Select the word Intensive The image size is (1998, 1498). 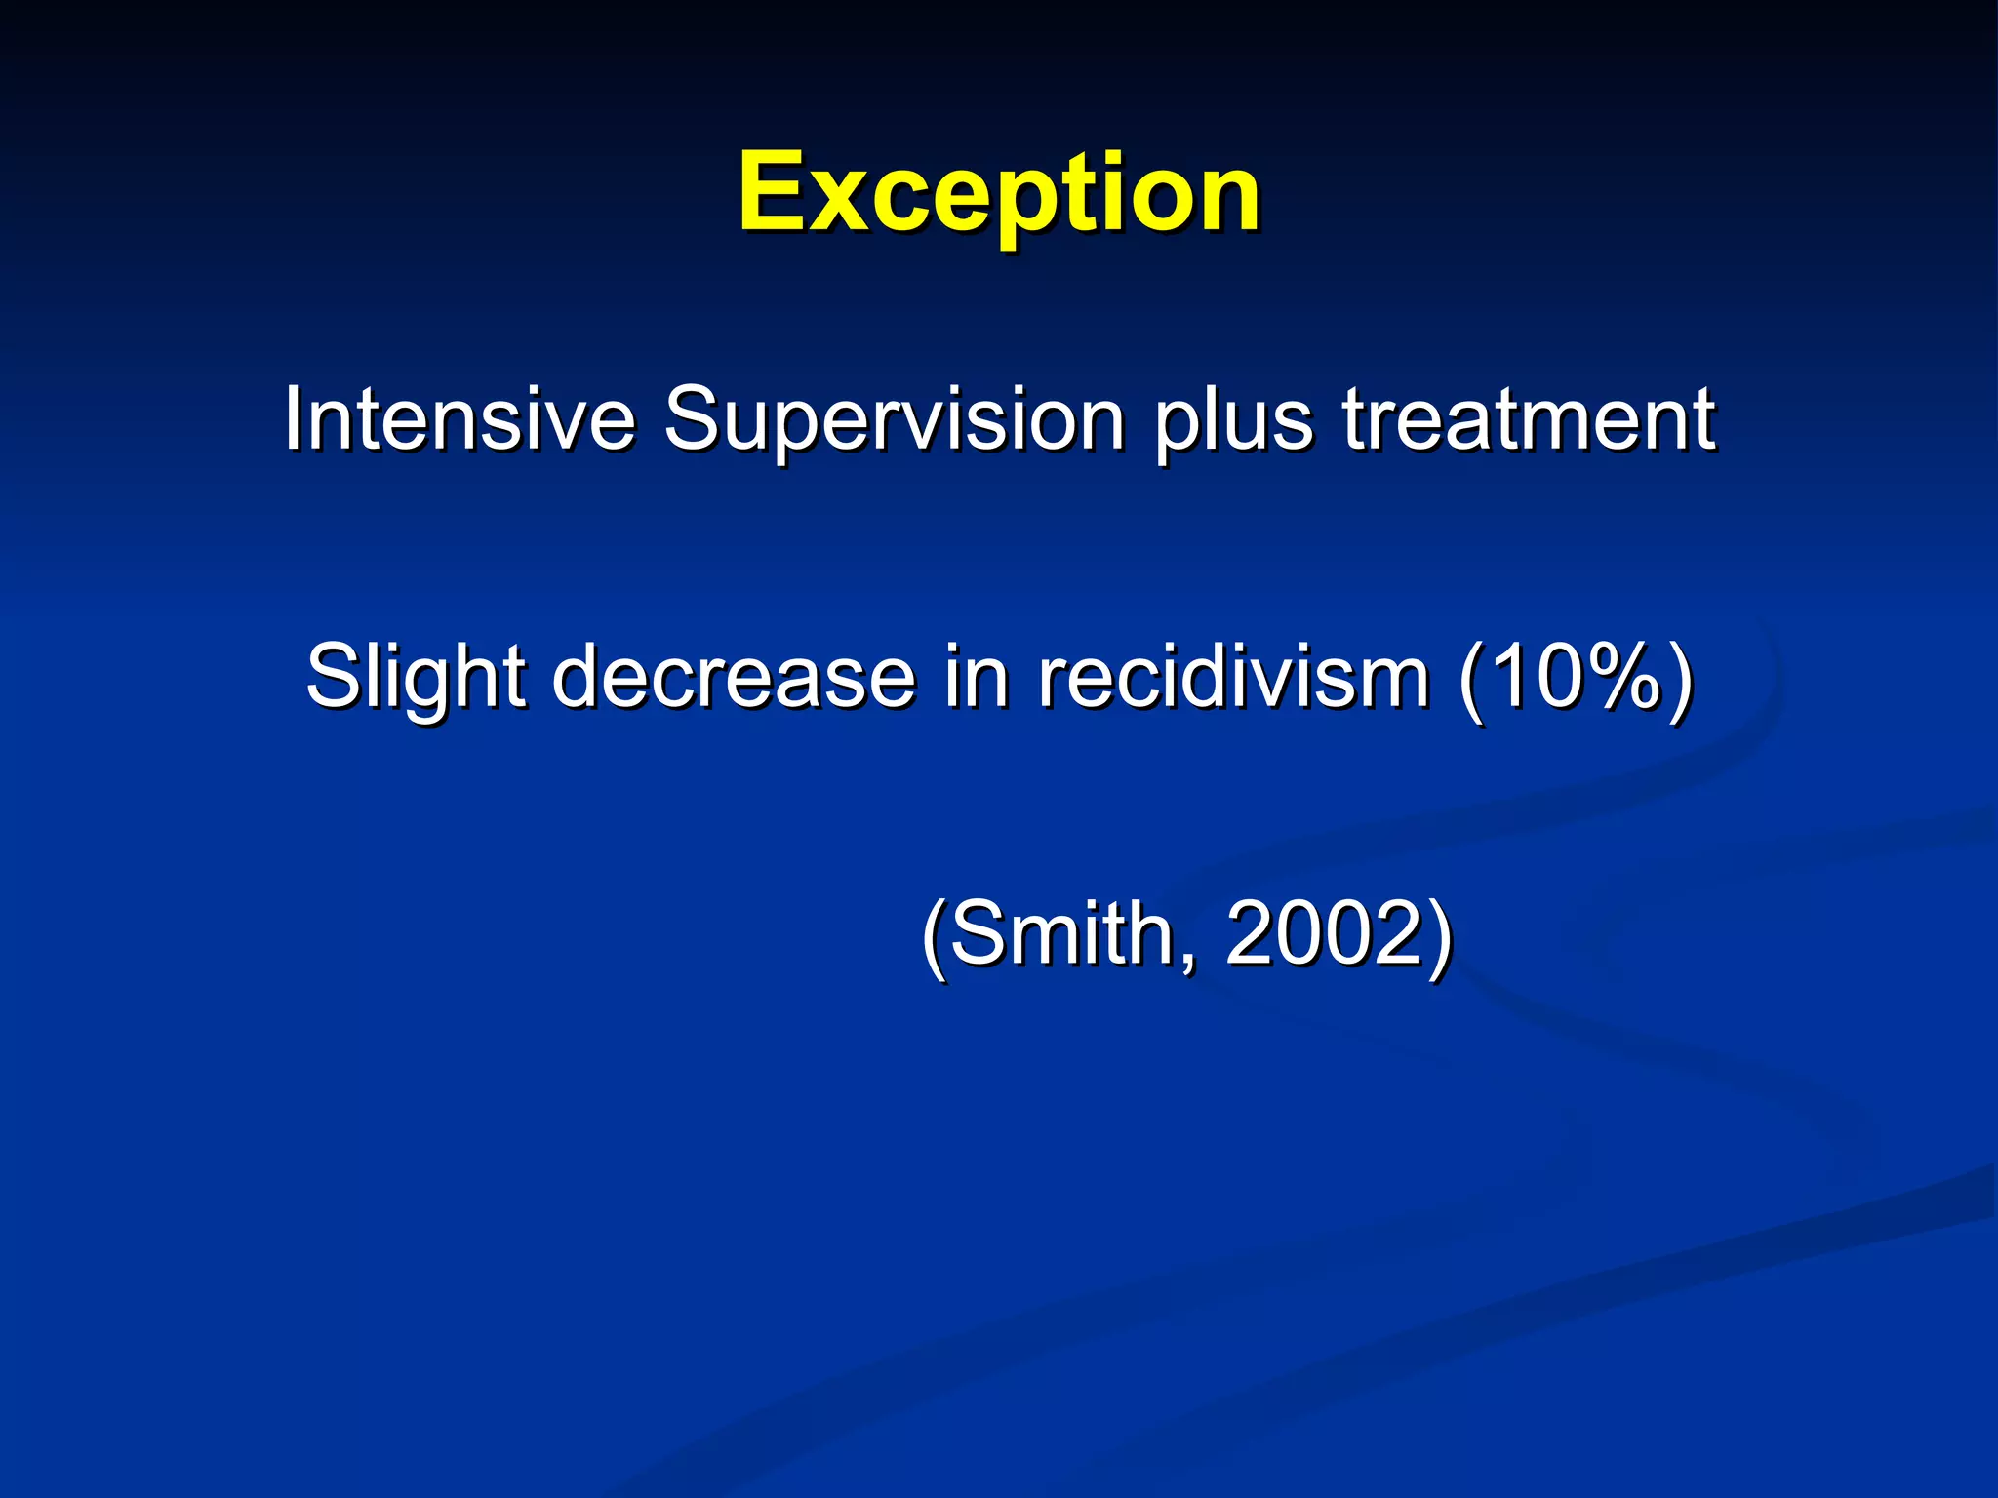tap(459, 419)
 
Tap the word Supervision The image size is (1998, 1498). tap(894, 419)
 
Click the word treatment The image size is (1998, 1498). tap(1528, 419)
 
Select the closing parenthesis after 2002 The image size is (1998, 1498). tap(1440, 936)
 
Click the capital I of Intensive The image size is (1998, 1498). tap(293, 419)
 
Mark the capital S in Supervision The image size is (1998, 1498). tap(694, 419)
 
